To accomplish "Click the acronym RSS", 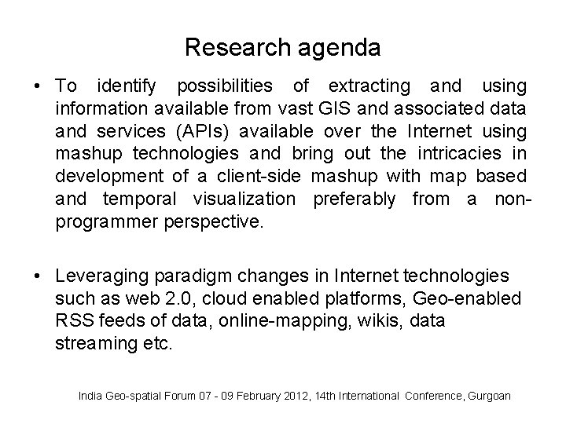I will pyautogui.click(x=72, y=321).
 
